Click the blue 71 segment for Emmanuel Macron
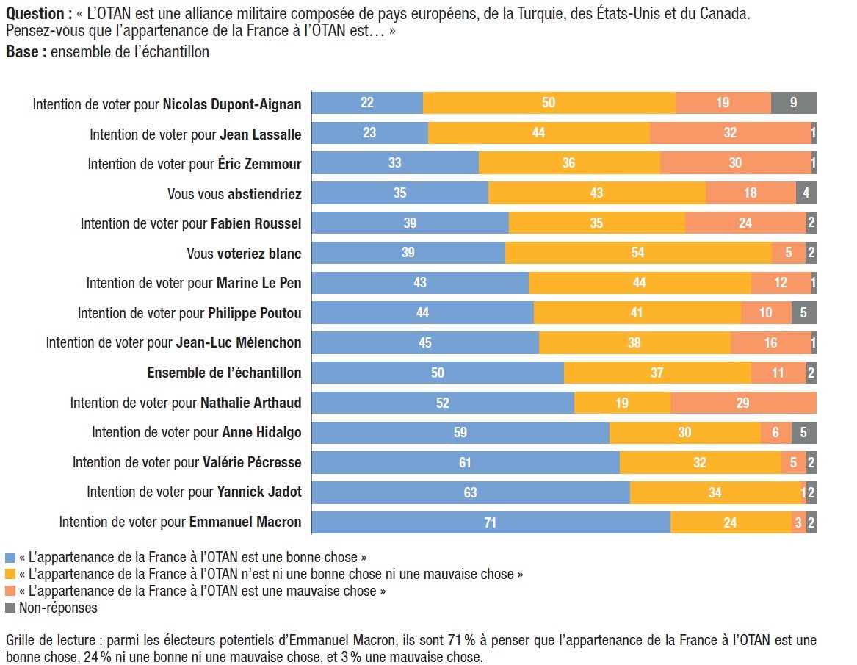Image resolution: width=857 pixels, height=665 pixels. point(491,522)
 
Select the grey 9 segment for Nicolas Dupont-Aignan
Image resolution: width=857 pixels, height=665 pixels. point(793,103)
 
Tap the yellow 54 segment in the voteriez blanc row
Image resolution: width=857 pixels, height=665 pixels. point(638,253)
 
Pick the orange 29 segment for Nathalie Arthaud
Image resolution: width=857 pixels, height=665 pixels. point(743,403)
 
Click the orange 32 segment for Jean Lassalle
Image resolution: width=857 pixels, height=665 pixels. point(730,133)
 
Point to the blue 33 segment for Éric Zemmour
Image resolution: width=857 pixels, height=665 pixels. point(395,163)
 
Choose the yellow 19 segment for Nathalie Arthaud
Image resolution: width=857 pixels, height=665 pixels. point(622,403)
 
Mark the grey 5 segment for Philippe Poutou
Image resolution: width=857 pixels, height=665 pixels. point(803,313)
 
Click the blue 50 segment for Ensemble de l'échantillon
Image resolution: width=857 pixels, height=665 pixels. point(438,373)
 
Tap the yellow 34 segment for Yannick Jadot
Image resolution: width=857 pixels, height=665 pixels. point(715,492)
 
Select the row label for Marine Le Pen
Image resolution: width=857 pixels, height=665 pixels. point(194,283)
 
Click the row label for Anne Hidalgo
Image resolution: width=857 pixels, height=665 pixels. point(197,433)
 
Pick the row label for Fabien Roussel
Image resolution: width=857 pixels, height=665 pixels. point(191,223)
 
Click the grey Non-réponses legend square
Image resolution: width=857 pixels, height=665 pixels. point(10,608)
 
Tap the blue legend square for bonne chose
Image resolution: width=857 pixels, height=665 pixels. point(10,557)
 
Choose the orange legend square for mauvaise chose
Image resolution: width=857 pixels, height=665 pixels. point(10,591)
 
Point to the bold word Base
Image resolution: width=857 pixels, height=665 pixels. point(22,52)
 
